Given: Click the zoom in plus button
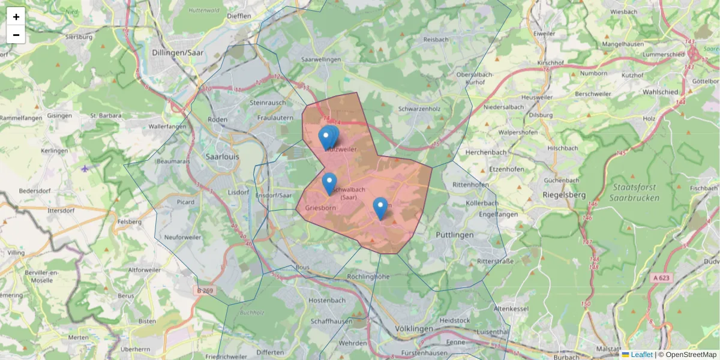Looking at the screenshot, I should [16, 17].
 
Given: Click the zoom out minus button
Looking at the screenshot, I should [16, 35].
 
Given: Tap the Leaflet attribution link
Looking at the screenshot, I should [641, 355].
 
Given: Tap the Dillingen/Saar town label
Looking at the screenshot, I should [178, 52].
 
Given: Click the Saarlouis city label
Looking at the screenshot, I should [222, 155].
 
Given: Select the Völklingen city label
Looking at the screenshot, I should [414, 329].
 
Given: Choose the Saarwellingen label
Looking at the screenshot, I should [321, 59].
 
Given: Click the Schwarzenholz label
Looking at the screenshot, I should [419, 109].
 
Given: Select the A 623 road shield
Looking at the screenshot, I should [661, 277].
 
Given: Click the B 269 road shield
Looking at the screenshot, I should [205, 291].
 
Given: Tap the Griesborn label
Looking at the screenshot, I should [320, 208].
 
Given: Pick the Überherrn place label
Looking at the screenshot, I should [135, 349].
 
